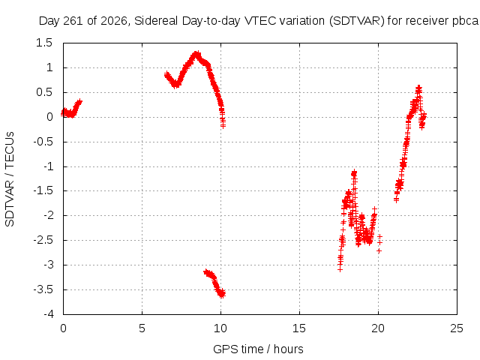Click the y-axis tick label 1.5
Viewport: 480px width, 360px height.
pyautogui.click(x=44, y=43)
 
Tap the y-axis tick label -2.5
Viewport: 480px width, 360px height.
pyautogui.click(x=43, y=240)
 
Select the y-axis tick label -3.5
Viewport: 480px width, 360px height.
pyautogui.click(x=43, y=289)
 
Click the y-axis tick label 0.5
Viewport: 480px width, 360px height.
pyautogui.click(x=44, y=92)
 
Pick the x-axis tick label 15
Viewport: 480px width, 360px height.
pyautogui.click(x=299, y=328)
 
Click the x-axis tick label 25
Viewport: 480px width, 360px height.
pyautogui.click(x=457, y=328)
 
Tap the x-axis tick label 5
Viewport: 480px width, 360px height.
pyautogui.click(x=142, y=328)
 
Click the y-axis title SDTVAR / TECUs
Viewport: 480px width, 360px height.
pyautogui.click(x=10, y=179)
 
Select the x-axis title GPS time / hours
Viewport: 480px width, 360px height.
pyautogui.click(x=258, y=349)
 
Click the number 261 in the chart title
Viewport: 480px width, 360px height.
pyautogui.click(x=73, y=21)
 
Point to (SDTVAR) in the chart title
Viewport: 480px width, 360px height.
pyautogui.click(x=357, y=21)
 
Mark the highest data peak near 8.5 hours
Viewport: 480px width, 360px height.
pyautogui.click(x=197, y=54)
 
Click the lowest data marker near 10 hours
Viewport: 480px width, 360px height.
pyautogui.click(x=222, y=295)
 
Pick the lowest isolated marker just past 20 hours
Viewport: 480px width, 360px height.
pyautogui.click(x=379, y=250)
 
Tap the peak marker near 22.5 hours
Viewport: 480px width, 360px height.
pyautogui.click(x=418, y=88)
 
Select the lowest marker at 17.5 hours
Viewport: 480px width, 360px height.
pyautogui.click(x=340, y=269)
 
